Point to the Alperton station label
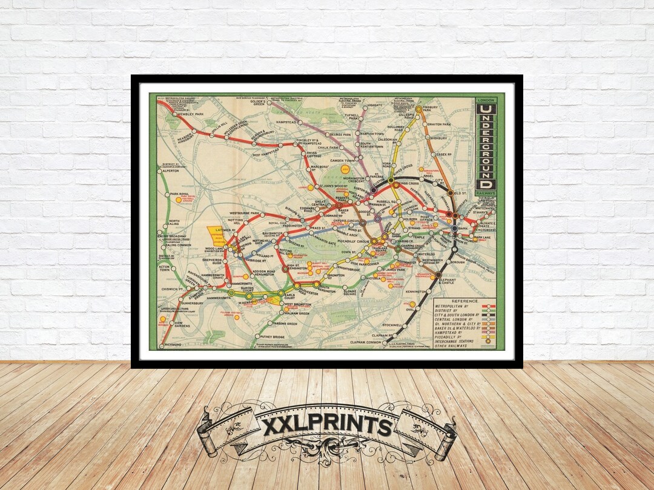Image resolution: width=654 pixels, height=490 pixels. (x=173, y=171)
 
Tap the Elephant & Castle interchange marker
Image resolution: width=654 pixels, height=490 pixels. (x=438, y=275)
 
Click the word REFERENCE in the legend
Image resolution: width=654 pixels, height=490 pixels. (x=464, y=301)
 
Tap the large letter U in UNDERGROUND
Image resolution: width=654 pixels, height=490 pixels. (x=486, y=109)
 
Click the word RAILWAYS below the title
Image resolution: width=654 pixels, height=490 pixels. (x=486, y=193)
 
